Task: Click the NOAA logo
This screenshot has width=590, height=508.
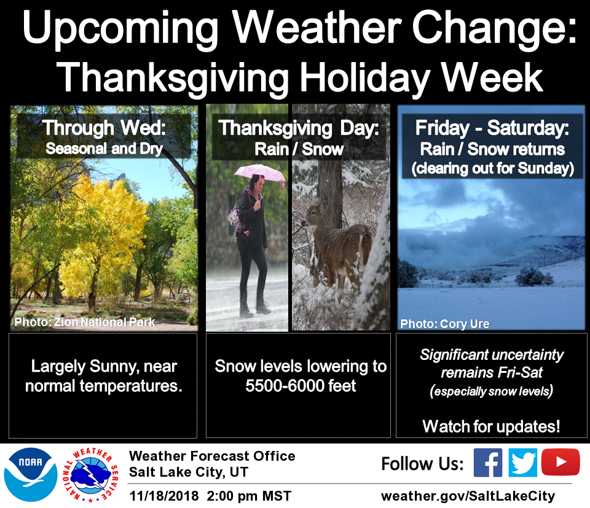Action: [x=31, y=475]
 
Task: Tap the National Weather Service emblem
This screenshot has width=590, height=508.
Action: [x=91, y=475]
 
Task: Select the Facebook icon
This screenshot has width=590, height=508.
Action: [x=487, y=463]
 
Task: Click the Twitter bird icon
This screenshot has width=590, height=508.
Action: [x=522, y=463]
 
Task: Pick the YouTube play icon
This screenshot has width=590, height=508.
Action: [x=560, y=462]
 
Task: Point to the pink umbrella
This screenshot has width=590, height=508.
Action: [x=259, y=173]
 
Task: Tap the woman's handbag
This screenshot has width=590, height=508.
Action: [x=236, y=219]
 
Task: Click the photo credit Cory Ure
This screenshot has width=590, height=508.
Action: [x=445, y=324]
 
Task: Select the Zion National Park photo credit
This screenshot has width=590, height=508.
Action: [x=85, y=322]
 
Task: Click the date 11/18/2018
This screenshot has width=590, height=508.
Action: [x=164, y=496]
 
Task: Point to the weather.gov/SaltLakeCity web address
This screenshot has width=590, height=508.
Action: [x=468, y=496]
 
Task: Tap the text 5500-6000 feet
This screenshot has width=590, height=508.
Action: [x=301, y=386]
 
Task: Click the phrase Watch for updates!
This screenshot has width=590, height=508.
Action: [x=491, y=426]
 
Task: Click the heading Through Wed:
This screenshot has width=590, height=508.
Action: [x=104, y=128]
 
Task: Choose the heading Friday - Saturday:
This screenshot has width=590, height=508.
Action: [x=492, y=128]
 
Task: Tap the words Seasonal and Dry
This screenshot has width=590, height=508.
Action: [x=104, y=149]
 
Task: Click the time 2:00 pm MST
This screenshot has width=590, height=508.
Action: [x=249, y=496]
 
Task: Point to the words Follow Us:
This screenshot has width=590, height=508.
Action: [x=422, y=464]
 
